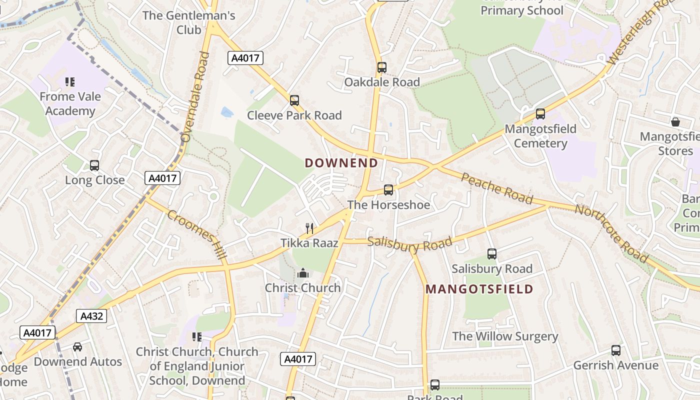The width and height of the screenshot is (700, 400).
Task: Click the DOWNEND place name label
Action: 341,163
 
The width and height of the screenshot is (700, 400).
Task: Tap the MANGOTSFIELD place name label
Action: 479,289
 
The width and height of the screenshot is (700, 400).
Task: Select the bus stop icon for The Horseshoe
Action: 388,190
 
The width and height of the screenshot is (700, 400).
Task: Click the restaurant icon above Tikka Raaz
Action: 309,228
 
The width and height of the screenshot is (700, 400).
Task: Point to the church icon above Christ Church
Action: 302,273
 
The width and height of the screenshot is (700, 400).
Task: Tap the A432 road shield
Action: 91,316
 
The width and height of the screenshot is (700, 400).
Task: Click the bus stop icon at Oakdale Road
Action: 382,67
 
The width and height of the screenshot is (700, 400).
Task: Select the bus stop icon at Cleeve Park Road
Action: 294,100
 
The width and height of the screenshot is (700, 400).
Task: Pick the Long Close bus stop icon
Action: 94,165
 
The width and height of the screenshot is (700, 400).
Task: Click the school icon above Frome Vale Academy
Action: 70,81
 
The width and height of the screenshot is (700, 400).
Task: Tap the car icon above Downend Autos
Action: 77,346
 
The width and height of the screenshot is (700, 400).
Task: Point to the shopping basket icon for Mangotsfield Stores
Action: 675,121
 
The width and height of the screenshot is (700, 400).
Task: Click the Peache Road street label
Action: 496,188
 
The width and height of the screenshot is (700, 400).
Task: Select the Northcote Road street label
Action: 611,233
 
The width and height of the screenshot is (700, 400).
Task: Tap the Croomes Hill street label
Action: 196,234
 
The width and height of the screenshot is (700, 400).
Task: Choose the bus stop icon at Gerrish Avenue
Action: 616,350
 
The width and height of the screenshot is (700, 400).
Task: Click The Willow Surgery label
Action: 505,336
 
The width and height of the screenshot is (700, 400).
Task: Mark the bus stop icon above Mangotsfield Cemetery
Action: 540,114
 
